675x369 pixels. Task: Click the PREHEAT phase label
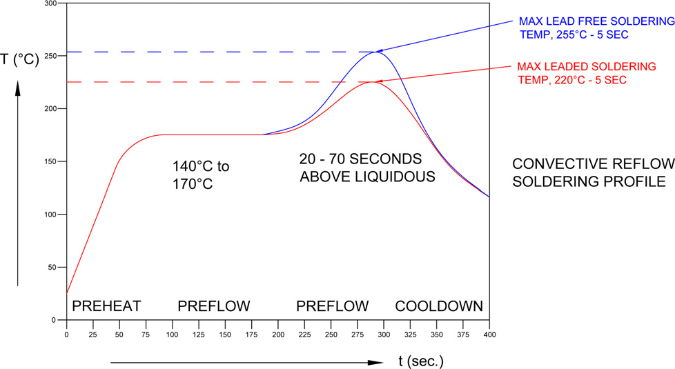107,306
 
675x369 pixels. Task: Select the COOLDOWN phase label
439,306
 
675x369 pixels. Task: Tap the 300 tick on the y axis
50,3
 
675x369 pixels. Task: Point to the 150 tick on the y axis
50,161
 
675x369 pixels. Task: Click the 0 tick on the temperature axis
54,320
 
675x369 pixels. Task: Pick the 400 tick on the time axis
489,335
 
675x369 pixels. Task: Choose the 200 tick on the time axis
277,335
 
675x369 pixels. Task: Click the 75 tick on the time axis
146,335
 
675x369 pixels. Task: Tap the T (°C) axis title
20,59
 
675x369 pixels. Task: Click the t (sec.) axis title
421,361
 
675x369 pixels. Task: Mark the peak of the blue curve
375,52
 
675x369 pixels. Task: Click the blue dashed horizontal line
207,52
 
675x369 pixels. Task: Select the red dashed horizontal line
207,82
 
